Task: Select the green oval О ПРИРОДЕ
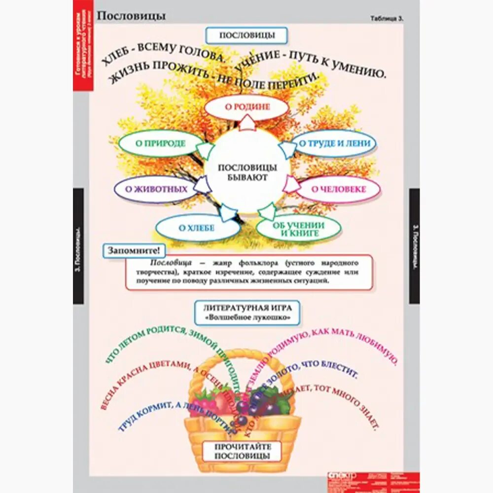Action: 160,143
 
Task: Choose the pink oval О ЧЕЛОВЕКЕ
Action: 339,189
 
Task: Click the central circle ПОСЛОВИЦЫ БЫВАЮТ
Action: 247,172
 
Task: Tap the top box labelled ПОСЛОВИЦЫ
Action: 246,35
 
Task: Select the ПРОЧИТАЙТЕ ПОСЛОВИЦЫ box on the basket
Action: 242,451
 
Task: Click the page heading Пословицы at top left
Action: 131,16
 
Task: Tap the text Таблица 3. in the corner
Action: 387,18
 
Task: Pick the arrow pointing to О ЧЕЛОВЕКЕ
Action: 292,186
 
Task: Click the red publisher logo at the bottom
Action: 342,477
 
